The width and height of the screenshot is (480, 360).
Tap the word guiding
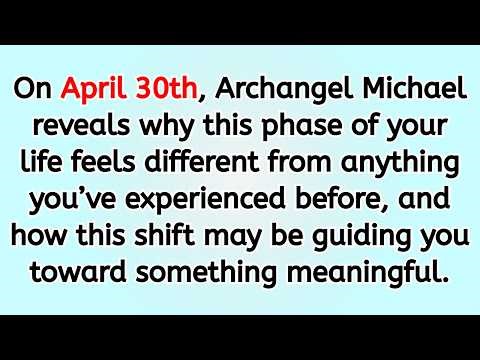click(352, 234)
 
